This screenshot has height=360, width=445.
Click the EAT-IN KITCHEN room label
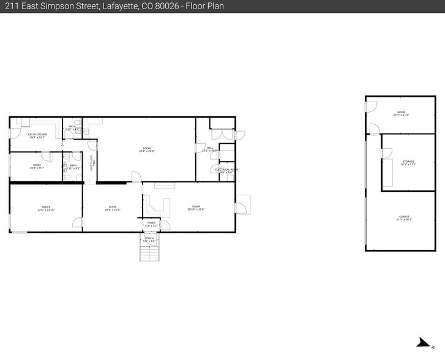coord(37,134)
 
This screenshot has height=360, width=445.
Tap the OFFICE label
coord(46,207)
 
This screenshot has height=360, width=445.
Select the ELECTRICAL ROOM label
coord(226,170)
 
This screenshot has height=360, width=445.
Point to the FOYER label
coord(151,223)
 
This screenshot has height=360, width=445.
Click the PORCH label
coord(150,238)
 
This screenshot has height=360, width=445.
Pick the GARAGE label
coord(404,217)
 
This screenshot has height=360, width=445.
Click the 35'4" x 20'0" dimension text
coord(147,151)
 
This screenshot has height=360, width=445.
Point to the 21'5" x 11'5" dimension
coord(402,115)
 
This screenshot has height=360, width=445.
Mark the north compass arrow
coord(422,343)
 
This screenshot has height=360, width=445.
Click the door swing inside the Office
coord(77,223)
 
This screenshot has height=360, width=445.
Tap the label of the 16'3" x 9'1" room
coord(37,165)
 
